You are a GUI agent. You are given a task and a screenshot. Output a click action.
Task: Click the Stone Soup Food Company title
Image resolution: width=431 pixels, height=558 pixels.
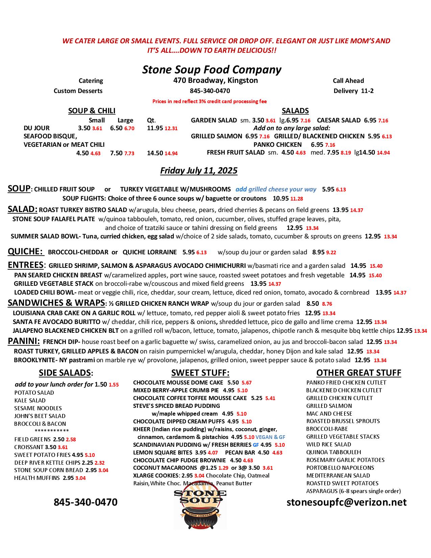(212, 70)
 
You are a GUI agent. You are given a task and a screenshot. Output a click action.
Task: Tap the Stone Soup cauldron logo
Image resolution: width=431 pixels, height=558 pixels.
(200, 509)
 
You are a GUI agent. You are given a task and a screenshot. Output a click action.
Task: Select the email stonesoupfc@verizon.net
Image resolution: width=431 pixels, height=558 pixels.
(346, 502)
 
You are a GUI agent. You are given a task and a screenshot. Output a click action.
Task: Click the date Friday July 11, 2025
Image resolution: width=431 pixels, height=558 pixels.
(199, 170)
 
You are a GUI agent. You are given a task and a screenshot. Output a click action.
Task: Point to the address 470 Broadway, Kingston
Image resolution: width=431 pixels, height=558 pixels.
(215, 80)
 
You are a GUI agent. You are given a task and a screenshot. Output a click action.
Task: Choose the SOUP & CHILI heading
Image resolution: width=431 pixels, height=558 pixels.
(92, 111)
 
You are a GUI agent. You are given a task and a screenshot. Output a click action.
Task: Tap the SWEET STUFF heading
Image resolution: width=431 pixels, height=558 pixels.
(200, 373)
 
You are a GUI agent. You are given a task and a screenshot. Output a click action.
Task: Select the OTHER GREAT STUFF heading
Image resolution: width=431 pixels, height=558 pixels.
(358, 373)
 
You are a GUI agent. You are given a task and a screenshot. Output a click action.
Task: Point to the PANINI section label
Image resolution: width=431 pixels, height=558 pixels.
(24, 342)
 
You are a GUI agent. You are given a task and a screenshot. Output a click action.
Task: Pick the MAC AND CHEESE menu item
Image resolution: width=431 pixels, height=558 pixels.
(329, 414)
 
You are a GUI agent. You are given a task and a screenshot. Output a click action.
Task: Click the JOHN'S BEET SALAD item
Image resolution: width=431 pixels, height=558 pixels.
(40, 416)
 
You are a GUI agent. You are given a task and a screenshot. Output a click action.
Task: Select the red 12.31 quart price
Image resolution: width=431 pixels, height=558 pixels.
(171, 129)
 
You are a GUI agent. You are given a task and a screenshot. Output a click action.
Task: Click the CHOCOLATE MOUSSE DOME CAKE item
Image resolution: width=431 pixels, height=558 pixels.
(178, 382)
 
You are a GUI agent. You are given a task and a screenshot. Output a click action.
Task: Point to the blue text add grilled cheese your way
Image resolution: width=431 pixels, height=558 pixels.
(276, 189)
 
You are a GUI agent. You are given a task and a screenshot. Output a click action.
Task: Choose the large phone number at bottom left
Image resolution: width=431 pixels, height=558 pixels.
(86, 502)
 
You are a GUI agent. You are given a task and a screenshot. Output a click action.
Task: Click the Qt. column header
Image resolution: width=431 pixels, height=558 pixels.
(151, 120)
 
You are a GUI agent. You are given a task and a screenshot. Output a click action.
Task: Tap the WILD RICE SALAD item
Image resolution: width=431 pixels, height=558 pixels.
(329, 444)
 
